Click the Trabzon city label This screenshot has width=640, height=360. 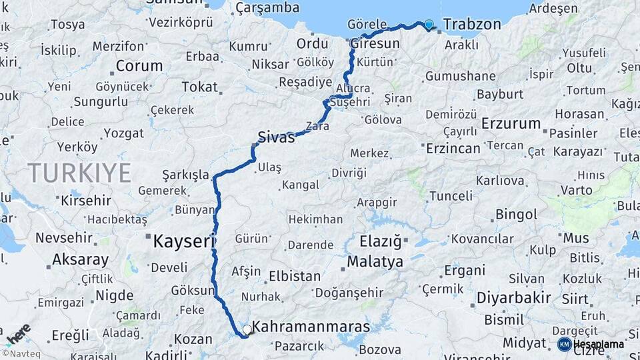coord(471,25)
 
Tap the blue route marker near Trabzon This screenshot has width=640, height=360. coord(428,25)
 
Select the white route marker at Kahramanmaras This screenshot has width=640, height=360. coord(247,329)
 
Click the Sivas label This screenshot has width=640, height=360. coord(276,138)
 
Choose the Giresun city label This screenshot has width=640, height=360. coord(375,43)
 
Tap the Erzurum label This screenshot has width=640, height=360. coord(511,123)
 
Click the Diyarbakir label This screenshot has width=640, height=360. coord(514,297)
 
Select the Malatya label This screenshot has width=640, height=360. coord(375,261)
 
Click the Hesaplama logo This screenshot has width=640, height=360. coord(591,344)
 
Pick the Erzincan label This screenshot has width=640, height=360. coord(453,147)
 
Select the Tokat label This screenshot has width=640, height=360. coord(199,87)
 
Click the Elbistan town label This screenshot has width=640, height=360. coord(295,276)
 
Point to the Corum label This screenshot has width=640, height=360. coord(139,66)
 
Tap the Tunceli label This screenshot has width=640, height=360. coord(451,196)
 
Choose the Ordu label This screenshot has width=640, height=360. coord(312,43)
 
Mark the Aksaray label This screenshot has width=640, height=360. coord(80,259)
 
